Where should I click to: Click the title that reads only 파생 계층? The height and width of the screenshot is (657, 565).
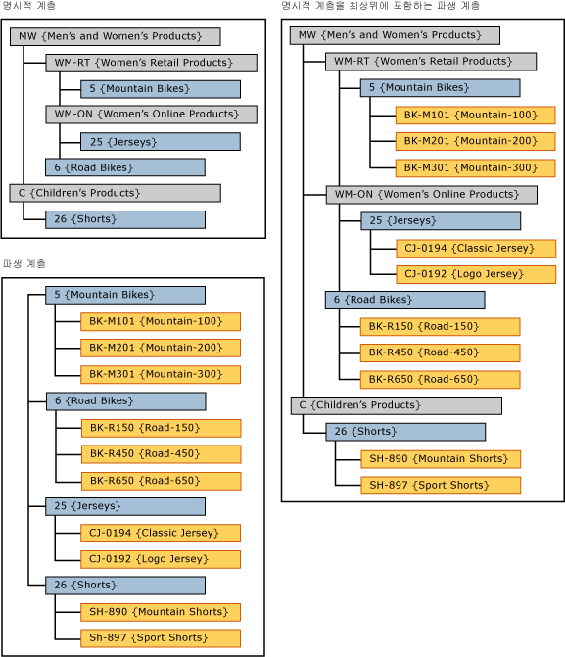pos(23,264)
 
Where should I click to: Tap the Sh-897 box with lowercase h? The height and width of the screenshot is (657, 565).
pos(161,638)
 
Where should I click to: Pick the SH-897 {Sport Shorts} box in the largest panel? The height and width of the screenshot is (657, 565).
pos(440,486)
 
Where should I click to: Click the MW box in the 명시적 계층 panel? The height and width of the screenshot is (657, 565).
pos(115,37)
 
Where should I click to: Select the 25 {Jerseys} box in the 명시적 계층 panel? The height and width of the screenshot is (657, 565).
pos(160,142)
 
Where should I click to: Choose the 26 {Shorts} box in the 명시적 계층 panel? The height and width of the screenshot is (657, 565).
pos(124,219)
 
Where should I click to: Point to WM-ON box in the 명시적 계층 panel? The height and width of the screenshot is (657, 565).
pos(151,115)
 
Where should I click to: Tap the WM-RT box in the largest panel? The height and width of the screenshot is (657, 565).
pos(431,62)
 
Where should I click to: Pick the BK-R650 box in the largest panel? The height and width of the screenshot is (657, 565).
pos(440,380)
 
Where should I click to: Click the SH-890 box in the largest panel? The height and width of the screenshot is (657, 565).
pos(440,459)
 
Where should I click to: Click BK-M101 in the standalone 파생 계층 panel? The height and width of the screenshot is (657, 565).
pos(161,321)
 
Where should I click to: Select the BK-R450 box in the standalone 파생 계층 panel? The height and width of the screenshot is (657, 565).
pos(161,454)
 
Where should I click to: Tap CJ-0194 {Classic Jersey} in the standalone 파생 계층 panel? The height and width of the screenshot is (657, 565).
pos(161,534)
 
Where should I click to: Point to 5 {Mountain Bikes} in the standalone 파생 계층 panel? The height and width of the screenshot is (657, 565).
pos(124,295)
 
